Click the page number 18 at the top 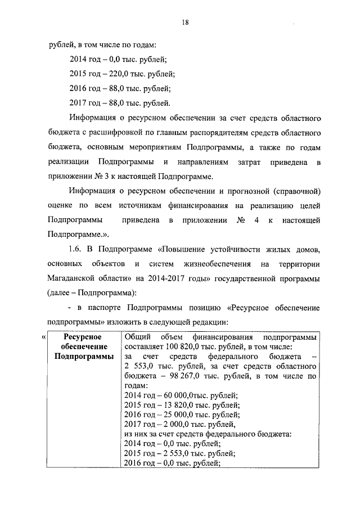[184, 22]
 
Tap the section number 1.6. [76, 250]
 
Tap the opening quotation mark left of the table [44, 337]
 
